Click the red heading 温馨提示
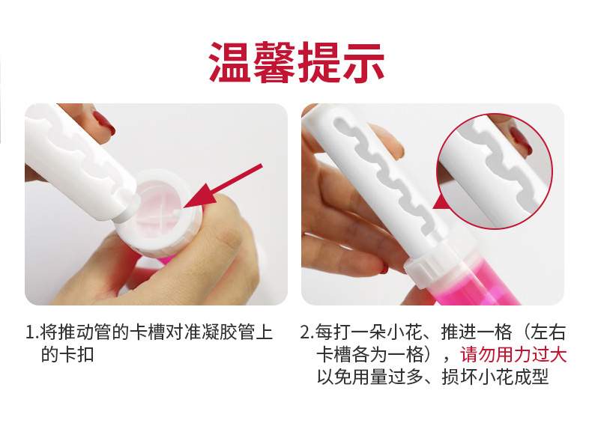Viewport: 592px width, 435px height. tap(297, 62)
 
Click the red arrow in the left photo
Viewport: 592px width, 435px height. tap(223, 186)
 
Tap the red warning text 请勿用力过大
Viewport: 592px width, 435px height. tap(513, 355)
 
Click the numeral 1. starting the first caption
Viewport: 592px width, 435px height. tap(32, 332)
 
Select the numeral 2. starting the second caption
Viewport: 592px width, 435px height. tap(307, 332)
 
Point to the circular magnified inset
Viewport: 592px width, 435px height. tap(495, 171)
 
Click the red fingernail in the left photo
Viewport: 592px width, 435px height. tap(104, 124)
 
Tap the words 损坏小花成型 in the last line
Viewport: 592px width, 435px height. tap(495, 376)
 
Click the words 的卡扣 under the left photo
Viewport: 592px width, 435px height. tap(67, 355)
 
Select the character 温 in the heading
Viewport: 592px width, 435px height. tap(230, 62)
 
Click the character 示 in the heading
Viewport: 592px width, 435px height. tap(363, 62)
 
